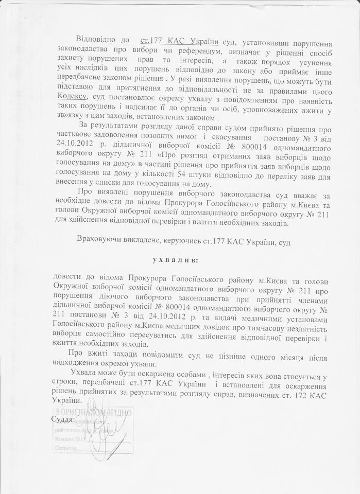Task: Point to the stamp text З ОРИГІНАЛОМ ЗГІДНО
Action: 92,412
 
